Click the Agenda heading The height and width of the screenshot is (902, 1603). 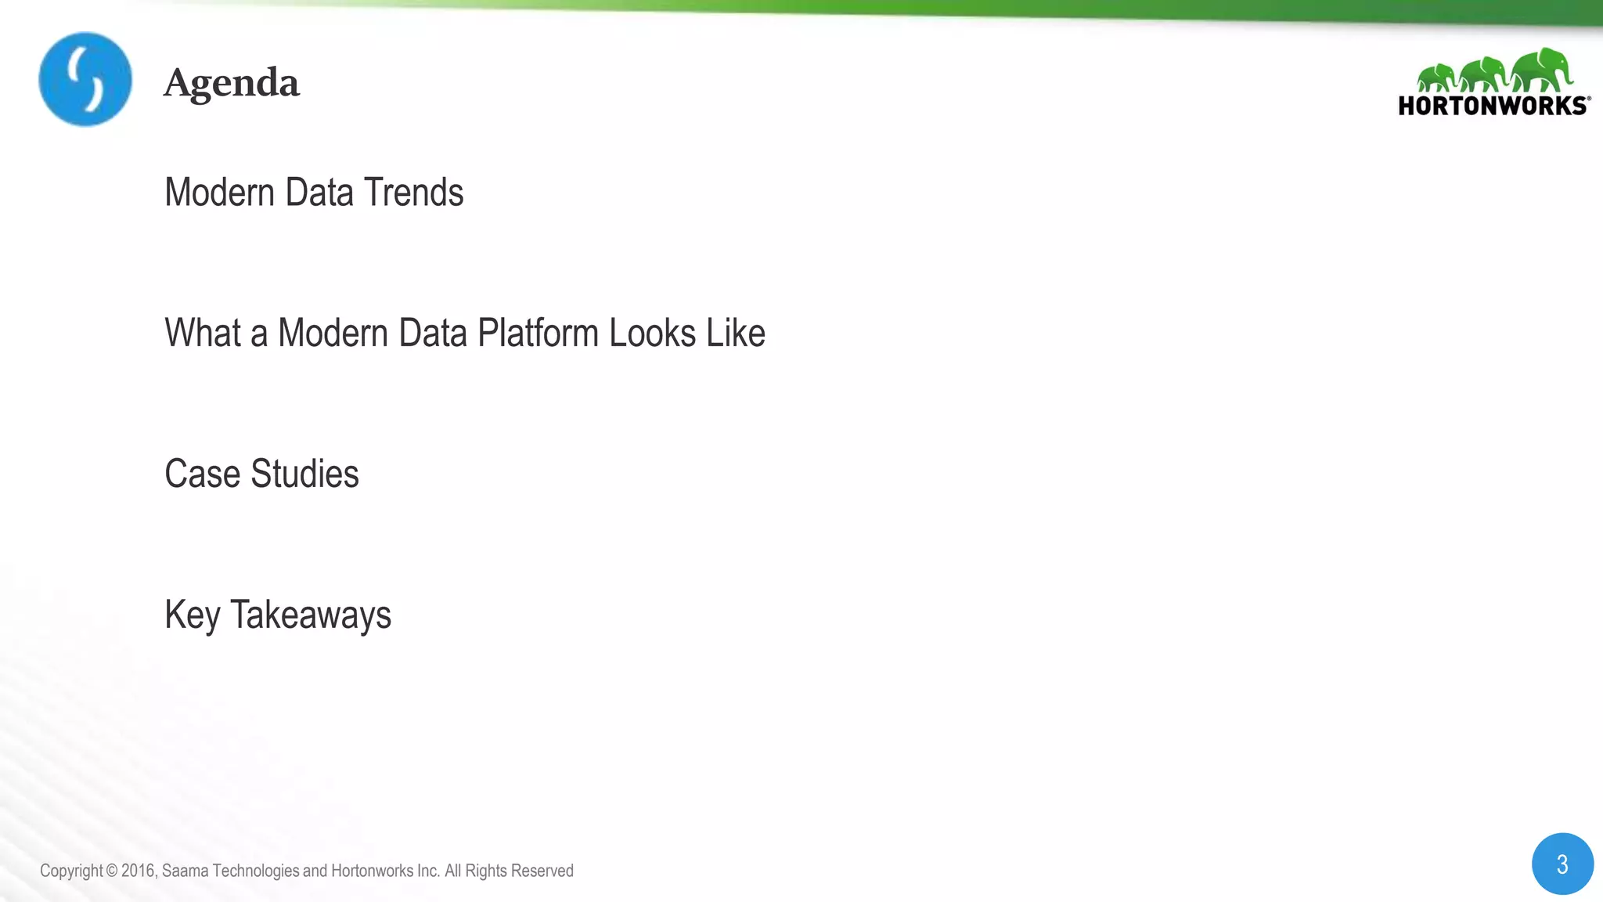pos(231,83)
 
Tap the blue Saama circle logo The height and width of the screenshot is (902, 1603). pos(85,79)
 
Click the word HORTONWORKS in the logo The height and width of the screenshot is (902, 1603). pos(1492,106)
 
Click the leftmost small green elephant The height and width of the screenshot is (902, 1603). pos(1435,78)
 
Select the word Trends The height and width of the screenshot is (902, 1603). pos(413,193)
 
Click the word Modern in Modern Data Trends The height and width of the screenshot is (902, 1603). pos(219,193)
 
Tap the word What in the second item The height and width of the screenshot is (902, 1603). pos(202,333)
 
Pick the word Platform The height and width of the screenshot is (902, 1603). pos(538,333)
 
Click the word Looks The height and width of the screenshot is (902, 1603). pos(652,333)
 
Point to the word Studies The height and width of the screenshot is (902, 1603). pos(304,474)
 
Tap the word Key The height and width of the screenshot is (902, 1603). pos(192,615)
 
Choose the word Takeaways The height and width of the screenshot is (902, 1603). pos(310,615)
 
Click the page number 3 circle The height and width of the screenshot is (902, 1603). pos(1562,864)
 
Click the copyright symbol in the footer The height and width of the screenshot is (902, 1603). pos(111,871)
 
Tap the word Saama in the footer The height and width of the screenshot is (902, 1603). pos(185,871)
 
